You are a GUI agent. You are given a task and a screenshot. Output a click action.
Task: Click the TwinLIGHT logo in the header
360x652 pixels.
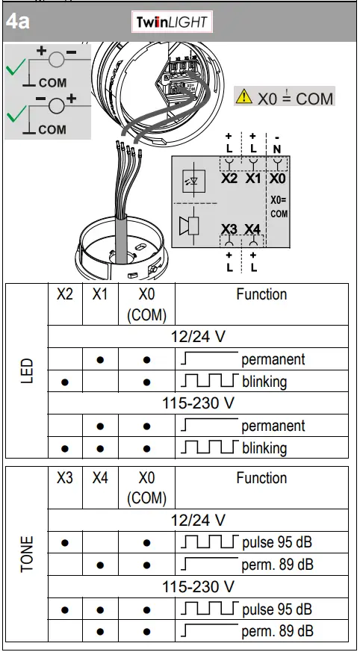click(172, 22)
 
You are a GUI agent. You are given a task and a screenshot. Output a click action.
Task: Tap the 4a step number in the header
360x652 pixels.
click(18, 22)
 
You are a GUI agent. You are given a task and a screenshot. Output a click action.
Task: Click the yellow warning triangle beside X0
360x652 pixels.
click(243, 97)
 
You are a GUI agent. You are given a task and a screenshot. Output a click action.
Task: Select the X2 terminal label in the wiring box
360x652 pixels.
click(229, 179)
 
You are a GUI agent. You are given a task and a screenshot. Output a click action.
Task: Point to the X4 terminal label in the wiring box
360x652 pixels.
click(252, 229)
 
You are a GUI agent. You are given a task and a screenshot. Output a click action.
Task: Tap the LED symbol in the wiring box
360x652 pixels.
click(192, 181)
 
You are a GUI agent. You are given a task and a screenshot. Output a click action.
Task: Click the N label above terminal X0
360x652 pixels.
click(277, 149)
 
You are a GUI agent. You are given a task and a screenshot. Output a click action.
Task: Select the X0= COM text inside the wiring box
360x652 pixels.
click(279, 207)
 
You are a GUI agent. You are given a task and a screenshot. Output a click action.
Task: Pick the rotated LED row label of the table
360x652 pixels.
click(27, 370)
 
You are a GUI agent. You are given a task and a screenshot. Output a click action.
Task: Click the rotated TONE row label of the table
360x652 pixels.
click(27, 553)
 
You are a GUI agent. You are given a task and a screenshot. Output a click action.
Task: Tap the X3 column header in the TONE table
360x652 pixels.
click(65, 478)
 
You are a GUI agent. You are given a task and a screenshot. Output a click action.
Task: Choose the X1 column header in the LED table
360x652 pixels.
click(100, 294)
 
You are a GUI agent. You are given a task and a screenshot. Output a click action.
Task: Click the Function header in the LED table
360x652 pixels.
click(261, 294)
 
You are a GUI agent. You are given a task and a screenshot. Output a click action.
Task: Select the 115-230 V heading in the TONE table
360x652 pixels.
click(199, 587)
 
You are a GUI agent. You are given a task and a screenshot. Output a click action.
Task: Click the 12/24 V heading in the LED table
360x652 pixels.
click(199, 337)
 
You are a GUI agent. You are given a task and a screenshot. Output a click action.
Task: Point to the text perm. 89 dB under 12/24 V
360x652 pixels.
click(277, 565)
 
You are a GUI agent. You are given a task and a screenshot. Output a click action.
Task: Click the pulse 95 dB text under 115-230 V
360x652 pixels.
click(277, 609)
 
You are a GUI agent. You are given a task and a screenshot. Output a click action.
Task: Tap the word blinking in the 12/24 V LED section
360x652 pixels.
click(264, 382)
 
